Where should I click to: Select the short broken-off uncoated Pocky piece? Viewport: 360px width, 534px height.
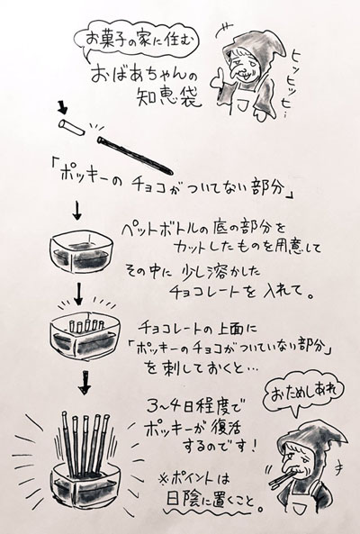[69, 124]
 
